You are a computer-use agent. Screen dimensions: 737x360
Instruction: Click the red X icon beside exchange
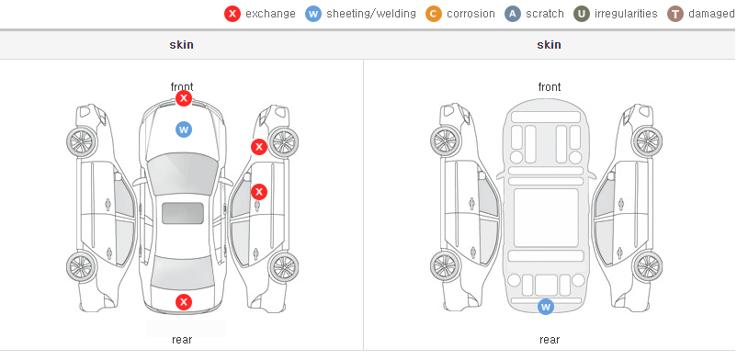click(x=232, y=14)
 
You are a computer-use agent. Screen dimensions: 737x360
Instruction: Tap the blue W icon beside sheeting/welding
click(x=313, y=14)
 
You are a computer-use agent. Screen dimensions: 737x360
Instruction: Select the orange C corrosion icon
click(x=434, y=14)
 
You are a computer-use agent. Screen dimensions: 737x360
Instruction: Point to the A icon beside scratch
click(x=513, y=14)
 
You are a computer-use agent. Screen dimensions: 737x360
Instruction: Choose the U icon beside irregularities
click(x=582, y=14)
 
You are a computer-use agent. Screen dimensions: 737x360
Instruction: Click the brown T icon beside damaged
click(x=675, y=14)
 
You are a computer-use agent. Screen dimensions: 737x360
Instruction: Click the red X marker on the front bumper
click(x=184, y=98)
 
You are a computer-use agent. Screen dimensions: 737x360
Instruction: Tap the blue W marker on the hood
click(x=184, y=129)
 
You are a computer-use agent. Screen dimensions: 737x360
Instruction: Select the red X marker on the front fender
click(x=258, y=147)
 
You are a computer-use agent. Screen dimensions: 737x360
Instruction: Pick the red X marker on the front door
click(x=259, y=192)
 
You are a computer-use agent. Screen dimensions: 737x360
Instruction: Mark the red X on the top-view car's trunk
click(x=184, y=302)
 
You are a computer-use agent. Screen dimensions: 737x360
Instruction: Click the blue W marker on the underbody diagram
click(x=546, y=307)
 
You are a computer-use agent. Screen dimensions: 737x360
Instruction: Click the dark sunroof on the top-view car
click(x=183, y=213)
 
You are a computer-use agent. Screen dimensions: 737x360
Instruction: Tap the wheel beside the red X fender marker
click(x=283, y=142)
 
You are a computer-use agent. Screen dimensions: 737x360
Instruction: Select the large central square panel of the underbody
click(x=546, y=218)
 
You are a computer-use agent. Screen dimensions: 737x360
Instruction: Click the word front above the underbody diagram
click(x=550, y=87)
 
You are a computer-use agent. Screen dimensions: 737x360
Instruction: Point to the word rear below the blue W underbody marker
click(x=550, y=340)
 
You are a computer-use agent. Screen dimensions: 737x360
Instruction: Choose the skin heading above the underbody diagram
click(x=549, y=45)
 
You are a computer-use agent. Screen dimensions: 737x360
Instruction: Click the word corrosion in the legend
click(x=471, y=14)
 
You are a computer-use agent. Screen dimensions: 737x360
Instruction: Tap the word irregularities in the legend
click(x=626, y=14)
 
